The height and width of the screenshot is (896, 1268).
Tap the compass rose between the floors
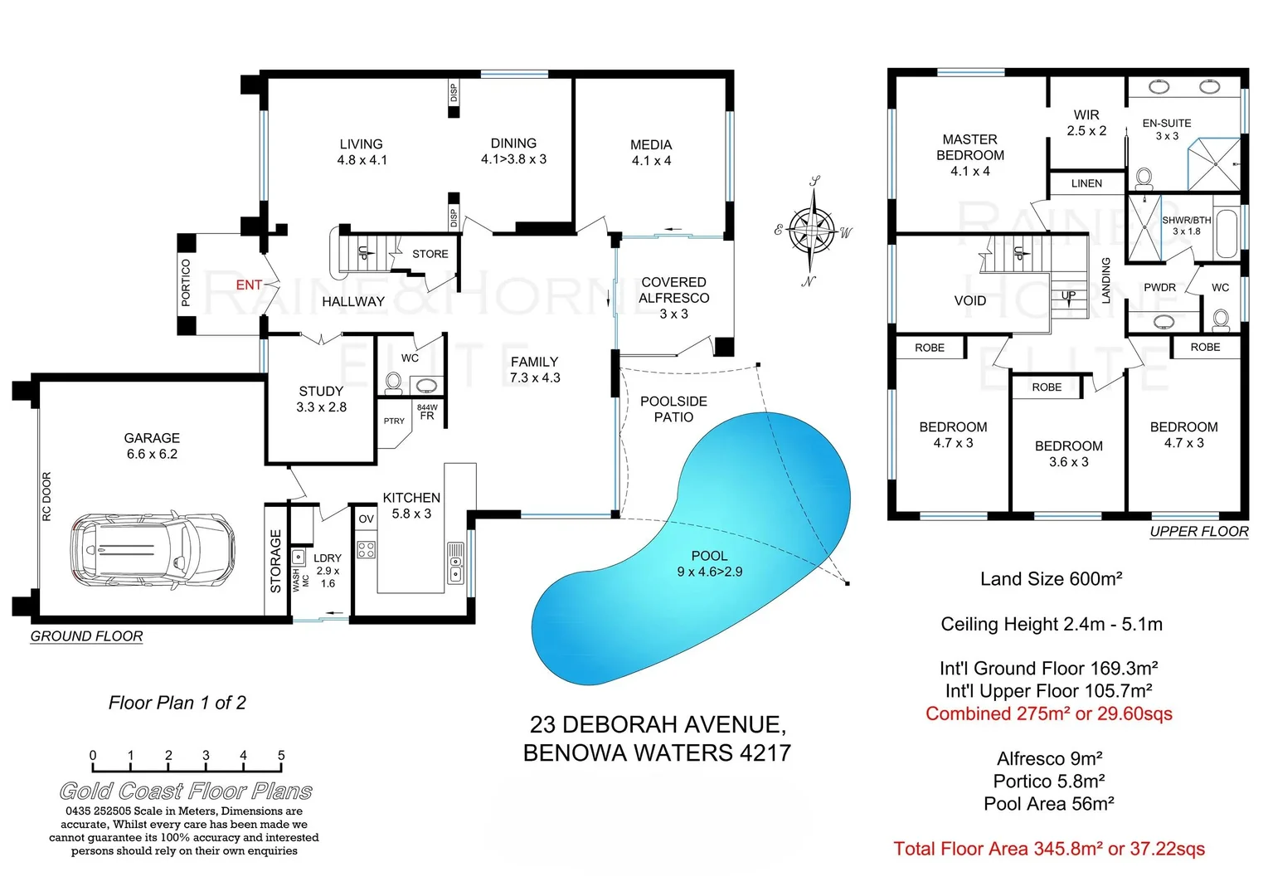pos(812,230)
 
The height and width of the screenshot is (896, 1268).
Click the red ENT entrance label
pos(249,285)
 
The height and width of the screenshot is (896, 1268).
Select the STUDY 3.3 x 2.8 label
pos(321,399)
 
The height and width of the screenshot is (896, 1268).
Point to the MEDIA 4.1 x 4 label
pos(651,153)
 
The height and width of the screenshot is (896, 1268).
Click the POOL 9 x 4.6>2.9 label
pos(709,563)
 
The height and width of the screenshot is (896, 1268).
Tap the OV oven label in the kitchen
pos(366,519)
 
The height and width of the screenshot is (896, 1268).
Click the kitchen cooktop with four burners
pos(366,549)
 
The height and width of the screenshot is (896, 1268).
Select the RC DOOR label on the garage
pos(46,496)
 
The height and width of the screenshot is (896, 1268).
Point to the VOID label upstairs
pos(969,300)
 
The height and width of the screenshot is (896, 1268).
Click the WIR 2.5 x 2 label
pos(1086,123)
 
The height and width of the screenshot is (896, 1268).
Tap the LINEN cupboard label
pos(1086,183)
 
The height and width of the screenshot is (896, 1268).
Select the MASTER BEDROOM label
pos(969,155)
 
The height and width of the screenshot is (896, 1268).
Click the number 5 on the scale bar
pos(281,755)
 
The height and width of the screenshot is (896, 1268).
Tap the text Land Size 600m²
pos(1051,579)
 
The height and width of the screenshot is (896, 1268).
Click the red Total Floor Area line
pos(1049,849)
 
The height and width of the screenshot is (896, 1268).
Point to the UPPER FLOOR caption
pos(1198,532)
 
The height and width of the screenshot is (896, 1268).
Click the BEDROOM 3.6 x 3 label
pos(1068,454)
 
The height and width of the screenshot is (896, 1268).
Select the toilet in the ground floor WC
pos(393,382)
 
